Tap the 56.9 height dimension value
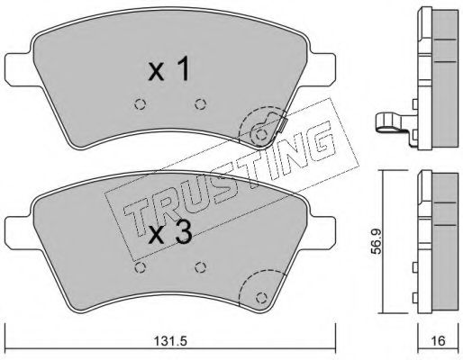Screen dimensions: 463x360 [376, 241]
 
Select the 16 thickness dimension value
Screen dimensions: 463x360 [439, 341]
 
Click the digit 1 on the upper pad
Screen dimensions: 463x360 [183, 68]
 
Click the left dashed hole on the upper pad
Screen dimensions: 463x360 [140, 104]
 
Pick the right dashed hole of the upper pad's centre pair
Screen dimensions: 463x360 [200, 104]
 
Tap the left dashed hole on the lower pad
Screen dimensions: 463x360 [140, 267]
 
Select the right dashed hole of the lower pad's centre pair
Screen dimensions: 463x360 [200, 267]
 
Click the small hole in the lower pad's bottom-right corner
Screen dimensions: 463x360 [262, 298]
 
